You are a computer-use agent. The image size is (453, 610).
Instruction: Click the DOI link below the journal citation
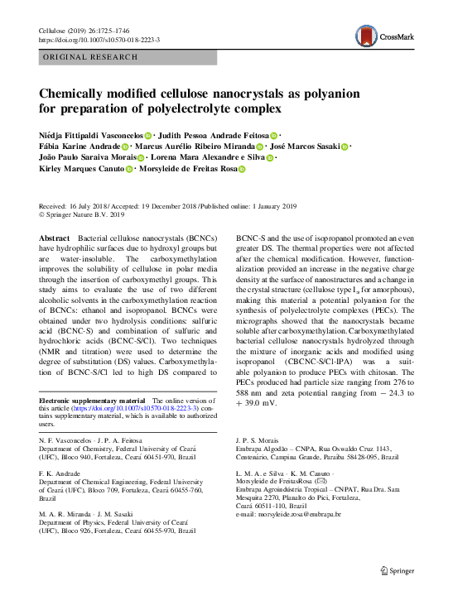pos(99,40)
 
